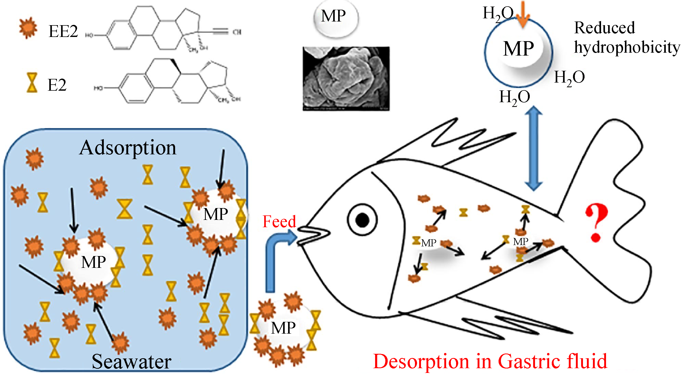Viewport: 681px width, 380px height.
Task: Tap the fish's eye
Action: pos(362,220)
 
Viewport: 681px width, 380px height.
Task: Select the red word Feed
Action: pos(279,221)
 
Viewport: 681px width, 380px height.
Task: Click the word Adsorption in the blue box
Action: pos(128,148)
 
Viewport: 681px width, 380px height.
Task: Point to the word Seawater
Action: pos(131,361)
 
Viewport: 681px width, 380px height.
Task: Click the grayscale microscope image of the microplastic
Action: pos(346,78)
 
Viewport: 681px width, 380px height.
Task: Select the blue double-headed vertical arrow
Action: pos(533,148)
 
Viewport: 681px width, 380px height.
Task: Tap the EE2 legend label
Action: pos(63,31)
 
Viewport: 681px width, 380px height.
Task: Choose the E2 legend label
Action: pos(57,85)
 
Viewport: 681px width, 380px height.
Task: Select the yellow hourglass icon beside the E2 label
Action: pos(32,83)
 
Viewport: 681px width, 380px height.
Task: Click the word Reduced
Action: pos(604,28)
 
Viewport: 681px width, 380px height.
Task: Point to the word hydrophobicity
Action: pos(626,48)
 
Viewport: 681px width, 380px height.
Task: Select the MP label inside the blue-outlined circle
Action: pos(518,49)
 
